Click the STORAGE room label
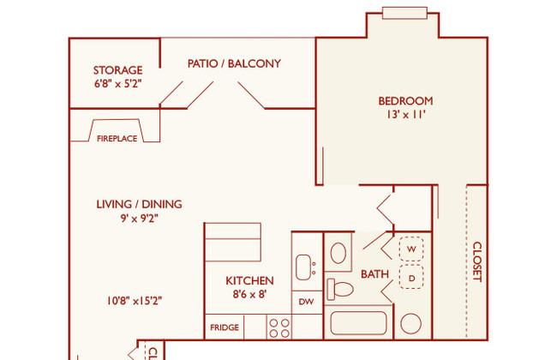(118, 70)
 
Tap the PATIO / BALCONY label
(234, 63)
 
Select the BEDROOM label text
(405, 101)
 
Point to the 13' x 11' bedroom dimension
(406, 115)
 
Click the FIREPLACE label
(117, 139)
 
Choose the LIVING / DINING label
(139, 204)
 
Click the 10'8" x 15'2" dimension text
(135, 301)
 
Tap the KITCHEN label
(249, 281)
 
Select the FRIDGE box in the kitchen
(225, 327)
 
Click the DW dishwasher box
(307, 302)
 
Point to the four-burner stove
(278, 327)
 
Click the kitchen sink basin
(303, 267)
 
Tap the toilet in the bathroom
(340, 289)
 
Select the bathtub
(358, 323)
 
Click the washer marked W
(411, 249)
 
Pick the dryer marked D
(411, 277)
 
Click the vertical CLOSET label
(477, 262)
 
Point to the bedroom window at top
(404, 13)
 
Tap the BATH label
(374, 274)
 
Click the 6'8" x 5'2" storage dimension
(118, 84)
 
